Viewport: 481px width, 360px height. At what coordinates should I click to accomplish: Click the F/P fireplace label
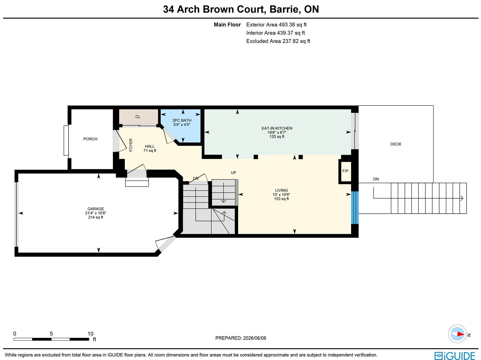click(345, 171)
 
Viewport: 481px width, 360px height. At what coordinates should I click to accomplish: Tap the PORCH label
click(90, 139)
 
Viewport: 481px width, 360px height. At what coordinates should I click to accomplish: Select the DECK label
click(396, 144)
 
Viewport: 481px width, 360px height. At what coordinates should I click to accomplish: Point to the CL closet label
click(138, 117)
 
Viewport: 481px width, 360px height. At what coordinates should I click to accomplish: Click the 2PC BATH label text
click(182, 121)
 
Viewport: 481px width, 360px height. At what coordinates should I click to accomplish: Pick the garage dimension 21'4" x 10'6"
click(96, 213)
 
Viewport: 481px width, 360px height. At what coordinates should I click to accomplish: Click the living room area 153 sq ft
click(281, 199)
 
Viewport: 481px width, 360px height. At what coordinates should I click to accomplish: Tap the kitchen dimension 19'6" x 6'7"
click(277, 133)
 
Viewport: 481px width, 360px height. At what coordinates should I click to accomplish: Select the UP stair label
click(233, 173)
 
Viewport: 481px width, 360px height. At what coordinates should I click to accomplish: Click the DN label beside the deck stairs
click(376, 179)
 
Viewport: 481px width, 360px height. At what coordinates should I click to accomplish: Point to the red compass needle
click(461, 334)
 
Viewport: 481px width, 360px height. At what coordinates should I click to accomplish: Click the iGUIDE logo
click(455, 355)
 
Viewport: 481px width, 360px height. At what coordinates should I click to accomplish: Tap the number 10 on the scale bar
click(90, 334)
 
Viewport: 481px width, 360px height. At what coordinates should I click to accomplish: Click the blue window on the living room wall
click(355, 208)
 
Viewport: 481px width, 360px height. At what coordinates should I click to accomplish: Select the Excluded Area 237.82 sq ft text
click(278, 41)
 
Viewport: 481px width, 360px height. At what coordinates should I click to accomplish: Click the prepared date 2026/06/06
click(255, 338)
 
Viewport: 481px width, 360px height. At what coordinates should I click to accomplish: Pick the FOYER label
click(131, 145)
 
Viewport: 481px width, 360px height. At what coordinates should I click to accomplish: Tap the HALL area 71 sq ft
click(150, 151)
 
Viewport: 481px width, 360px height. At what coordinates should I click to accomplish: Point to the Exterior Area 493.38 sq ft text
click(276, 25)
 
